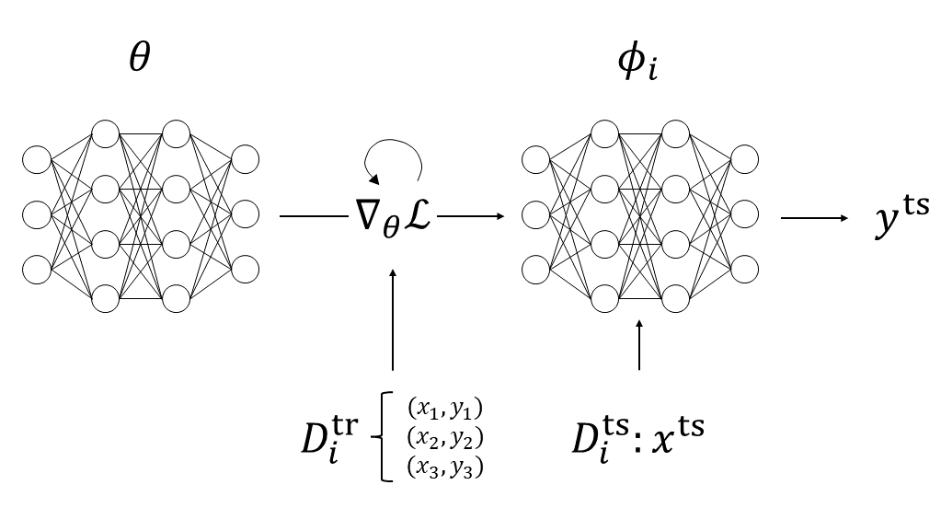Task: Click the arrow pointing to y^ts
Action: (814, 217)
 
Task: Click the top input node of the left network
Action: (37, 160)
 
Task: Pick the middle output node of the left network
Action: (245, 214)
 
